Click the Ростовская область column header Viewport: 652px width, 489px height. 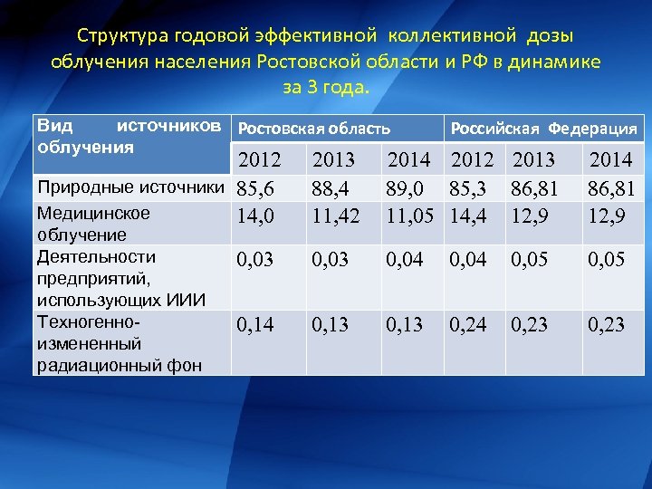click(313, 129)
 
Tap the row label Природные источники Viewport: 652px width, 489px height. click(131, 187)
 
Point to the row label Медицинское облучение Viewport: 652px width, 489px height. click(93, 224)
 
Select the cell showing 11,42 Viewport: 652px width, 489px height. click(335, 217)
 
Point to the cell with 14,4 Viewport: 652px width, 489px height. click(471, 217)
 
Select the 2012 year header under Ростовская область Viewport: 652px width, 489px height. click(260, 161)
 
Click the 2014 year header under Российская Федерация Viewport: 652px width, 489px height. click(610, 161)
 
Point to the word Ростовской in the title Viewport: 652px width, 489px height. click(310, 62)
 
